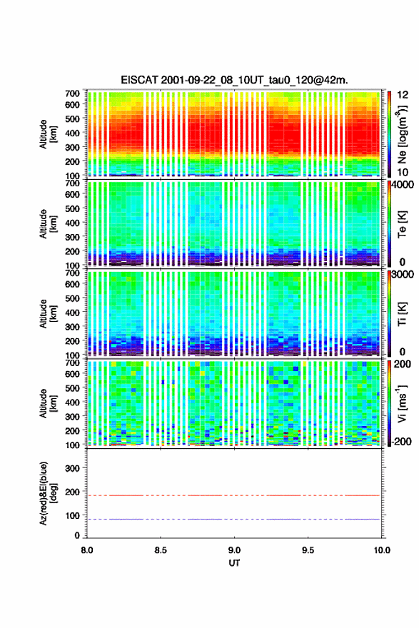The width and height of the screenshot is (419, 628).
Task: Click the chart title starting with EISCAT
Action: pyautogui.click(x=234, y=80)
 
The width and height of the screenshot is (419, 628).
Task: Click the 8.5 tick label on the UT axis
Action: pyautogui.click(x=160, y=550)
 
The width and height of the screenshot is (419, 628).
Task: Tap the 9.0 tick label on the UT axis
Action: pyautogui.click(x=234, y=550)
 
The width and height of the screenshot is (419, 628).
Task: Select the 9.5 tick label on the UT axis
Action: pyautogui.click(x=308, y=550)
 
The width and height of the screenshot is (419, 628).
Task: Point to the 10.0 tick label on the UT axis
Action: pyautogui.click(x=382, y=550)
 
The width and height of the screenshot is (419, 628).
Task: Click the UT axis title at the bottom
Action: pyautogui.click(x=234, y=563)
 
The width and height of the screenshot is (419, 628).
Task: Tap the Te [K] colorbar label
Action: pyautogui.click(x=402, y=224)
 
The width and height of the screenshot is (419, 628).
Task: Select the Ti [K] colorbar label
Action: pyautogui.click(x=402, y=314)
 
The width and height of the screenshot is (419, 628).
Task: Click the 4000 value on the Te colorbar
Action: pyautogui.click(x=403, y=185)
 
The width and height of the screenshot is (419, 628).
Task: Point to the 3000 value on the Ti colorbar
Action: pyautogui.click(x=403, y=274)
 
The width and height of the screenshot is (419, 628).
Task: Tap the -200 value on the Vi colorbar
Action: pyautogui.click(x=401, y=441)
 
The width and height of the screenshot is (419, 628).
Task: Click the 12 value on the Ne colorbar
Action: pyautogui.click(x=403, y=95)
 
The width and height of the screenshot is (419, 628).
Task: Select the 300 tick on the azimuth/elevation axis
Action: pyautogui.click(x=72, y=468)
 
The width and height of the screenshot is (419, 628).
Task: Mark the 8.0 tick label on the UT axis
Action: pyautogui.click(x=87, y=550)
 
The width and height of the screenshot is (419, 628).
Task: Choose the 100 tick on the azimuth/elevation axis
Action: pyautogui.click(x=72, y=515)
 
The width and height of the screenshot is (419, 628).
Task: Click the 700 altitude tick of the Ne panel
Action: pyautogui.click(x=72, y=93)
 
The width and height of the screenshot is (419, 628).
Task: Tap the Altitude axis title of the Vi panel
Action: pyautogui.click(x=48, y=403)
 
